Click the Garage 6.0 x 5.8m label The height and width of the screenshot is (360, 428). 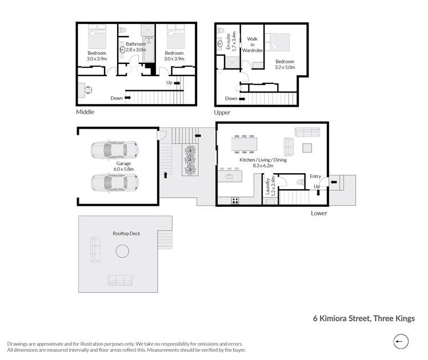[116, 166]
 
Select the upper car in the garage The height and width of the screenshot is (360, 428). [115, 150]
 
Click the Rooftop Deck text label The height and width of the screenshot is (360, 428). [126, 233]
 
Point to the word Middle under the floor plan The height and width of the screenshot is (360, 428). [85, 112]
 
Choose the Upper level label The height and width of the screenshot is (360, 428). [222, 113]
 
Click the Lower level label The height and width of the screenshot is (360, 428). [319, 213]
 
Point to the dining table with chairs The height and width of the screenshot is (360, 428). [244, 144]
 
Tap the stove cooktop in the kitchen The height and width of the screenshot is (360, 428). [235, 200]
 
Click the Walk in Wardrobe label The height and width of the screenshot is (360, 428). [251, 45]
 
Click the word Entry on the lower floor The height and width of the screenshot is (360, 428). [315, 177]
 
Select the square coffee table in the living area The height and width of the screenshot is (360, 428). [307, 147]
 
